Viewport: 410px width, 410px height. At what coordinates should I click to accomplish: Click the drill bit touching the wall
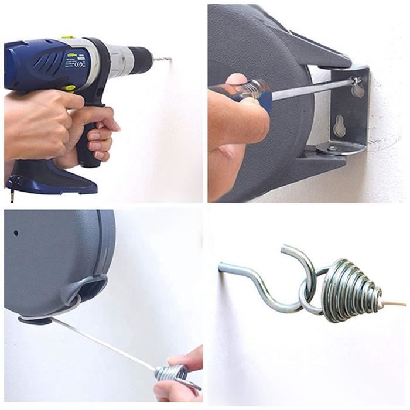162,60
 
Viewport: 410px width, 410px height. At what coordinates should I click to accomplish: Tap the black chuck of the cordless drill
141,59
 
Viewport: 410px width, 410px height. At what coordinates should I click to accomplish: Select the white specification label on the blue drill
76,60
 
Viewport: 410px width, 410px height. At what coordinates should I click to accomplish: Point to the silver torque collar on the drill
117,58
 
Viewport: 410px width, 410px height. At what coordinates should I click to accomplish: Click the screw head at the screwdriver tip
354,80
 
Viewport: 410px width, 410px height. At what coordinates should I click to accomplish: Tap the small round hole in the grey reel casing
16,233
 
